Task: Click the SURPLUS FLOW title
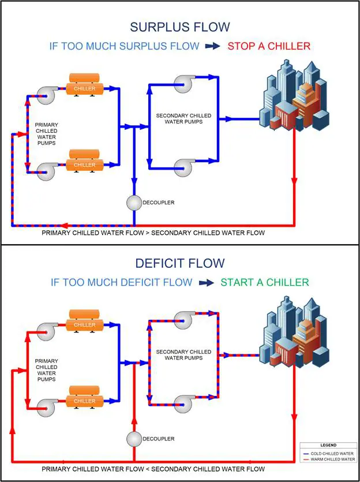179,27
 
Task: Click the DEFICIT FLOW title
179,264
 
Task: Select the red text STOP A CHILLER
269,46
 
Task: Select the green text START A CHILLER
265,282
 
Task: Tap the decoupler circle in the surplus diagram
134,202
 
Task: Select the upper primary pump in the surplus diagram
46,95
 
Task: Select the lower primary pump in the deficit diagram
46,407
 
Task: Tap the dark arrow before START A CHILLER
207,283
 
